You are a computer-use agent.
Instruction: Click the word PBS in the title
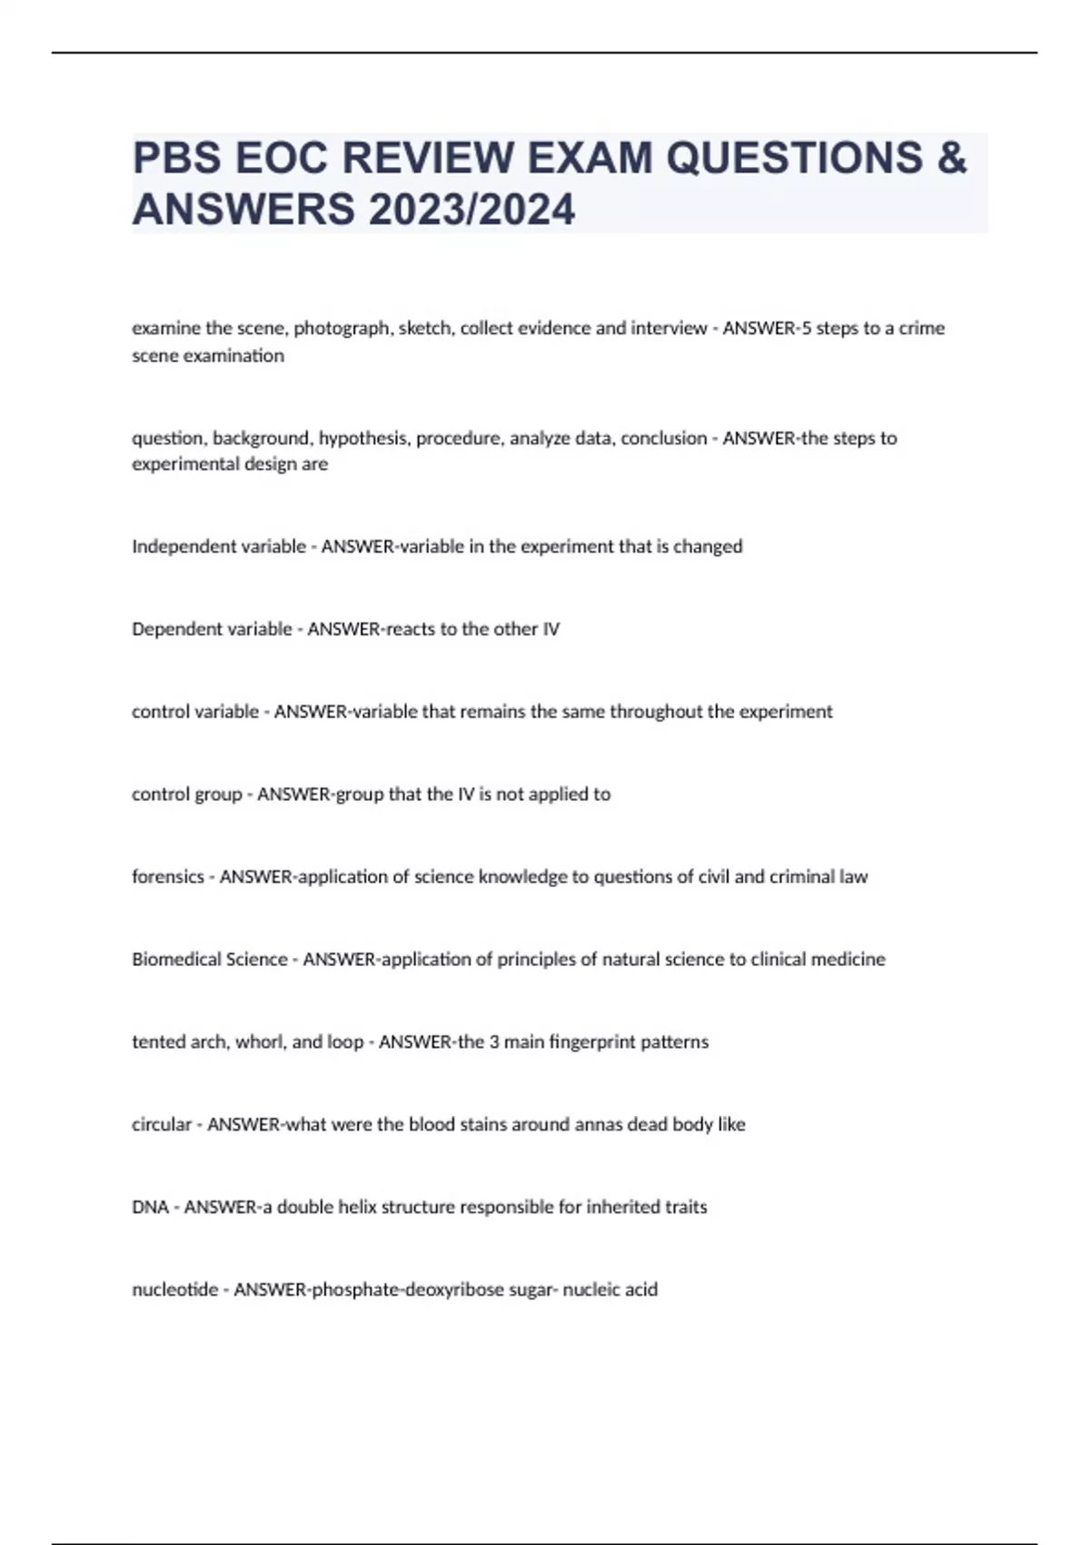[x=176, y=158]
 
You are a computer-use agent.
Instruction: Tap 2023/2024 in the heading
[x=471, y=209]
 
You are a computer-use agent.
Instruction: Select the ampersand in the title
[x=950, y=158]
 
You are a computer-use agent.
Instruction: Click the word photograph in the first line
[x=342, y=328]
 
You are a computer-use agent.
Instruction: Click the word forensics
[x=168, y=877]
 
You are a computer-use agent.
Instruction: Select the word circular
[x=162, y=1124]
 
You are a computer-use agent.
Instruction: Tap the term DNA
[x=150, y=1207]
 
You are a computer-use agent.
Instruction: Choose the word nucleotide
[x=174, y=1290]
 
